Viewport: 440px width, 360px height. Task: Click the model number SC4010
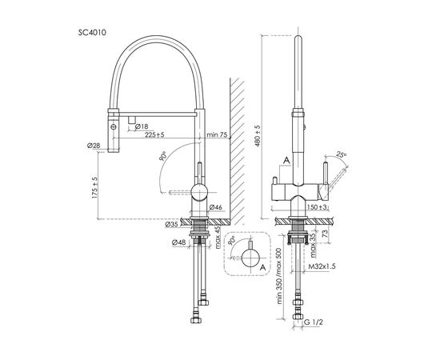click(x=92, y=33)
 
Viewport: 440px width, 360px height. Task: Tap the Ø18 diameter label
click(x=142, y=126)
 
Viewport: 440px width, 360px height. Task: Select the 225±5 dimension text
click(x=154, y=135)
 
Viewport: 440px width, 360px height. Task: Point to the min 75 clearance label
click(x=217, y=134)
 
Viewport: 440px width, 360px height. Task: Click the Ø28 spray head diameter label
click(x=94, y=146)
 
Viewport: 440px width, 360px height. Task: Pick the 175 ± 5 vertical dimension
click(x=94, y=188)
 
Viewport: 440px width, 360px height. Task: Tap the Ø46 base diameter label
click(x=215, y=207)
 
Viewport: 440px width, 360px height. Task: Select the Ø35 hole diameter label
click(x=171, y=224)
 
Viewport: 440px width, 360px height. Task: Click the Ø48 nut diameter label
click(x=179, y=242)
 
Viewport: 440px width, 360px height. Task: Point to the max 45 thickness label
click(x=218, y=238)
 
